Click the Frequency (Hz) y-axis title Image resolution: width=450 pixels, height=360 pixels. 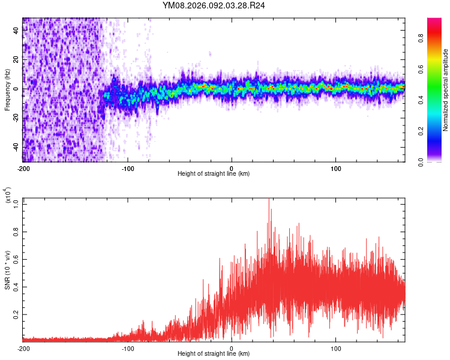7,90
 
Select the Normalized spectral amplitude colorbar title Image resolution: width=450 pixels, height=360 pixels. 446,90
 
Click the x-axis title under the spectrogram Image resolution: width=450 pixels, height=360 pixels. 214,174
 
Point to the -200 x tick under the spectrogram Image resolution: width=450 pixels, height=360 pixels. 23,168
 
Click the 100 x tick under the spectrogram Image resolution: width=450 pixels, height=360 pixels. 336,168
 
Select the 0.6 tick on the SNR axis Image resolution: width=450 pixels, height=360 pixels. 17,259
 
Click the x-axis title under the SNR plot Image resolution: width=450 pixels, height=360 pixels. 214,354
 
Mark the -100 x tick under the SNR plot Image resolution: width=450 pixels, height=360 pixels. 128,348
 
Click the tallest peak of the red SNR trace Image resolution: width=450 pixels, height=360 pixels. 269,200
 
